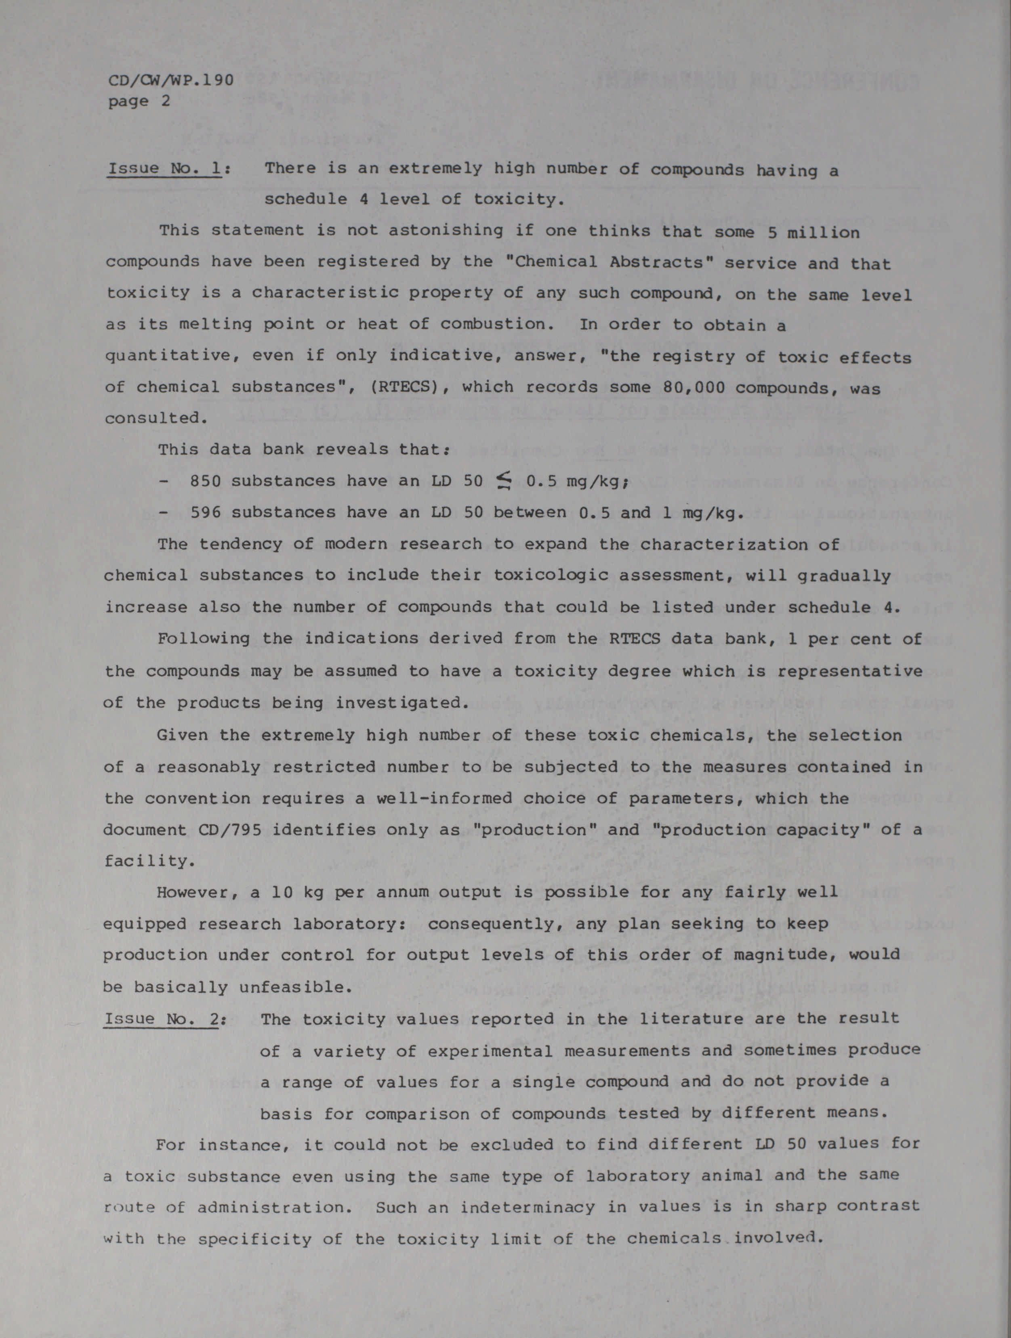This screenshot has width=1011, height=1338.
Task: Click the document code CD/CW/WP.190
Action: [x=170, y=80]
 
